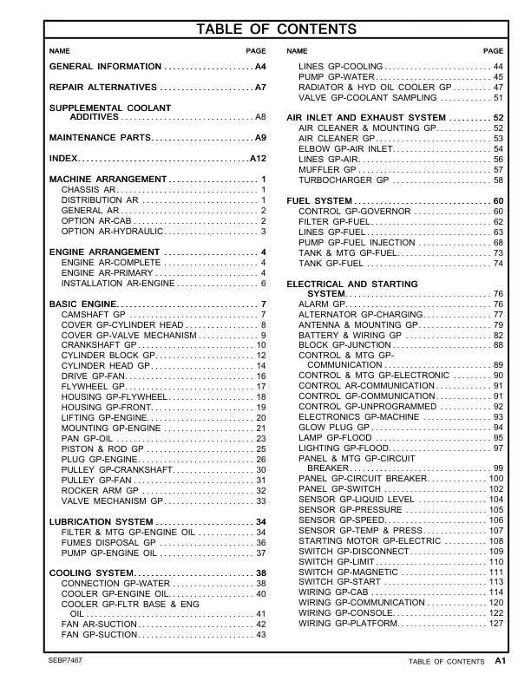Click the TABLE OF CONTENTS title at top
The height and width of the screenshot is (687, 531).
pos(277,29)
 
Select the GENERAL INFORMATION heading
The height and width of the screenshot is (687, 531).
pos(105,67)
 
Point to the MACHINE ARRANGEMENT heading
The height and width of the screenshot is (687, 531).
pos(107,179)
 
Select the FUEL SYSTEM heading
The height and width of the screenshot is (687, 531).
pos(319,201)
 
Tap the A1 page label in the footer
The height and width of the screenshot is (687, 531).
pos(500,661)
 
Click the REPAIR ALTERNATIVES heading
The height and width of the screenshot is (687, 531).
pos(103,88)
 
